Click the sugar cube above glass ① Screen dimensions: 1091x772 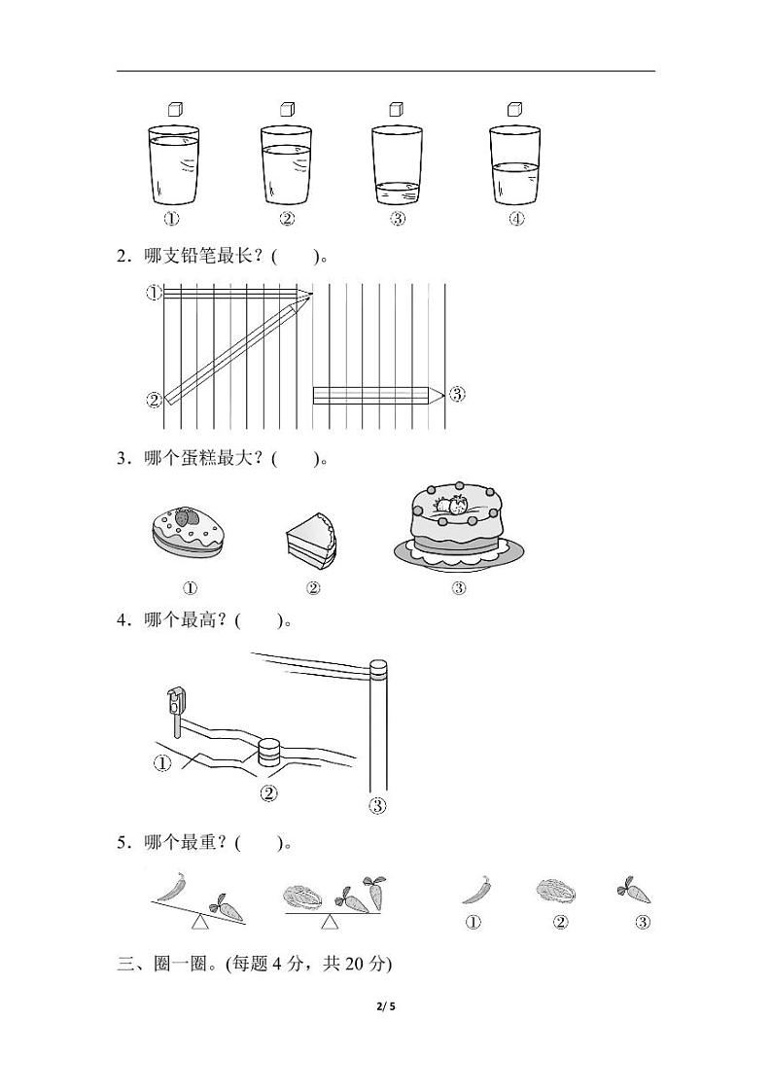click(x=175, y=110)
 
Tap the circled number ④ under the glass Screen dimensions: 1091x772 click(x=516, y=220)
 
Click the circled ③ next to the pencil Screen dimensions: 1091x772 click(x=457, y=394)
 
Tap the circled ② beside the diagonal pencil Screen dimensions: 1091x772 click(x=153, y=399)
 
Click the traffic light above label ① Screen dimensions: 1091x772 click(x=175, y=701)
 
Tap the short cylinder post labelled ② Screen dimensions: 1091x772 click(x=269, y=752)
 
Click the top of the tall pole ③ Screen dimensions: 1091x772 click(x=378, y=669)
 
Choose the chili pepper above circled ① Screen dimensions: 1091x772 click(x=475, y=890)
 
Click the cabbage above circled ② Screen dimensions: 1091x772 click(x=555, y=890)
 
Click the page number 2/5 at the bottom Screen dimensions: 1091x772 click(x=386, y=1007)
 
